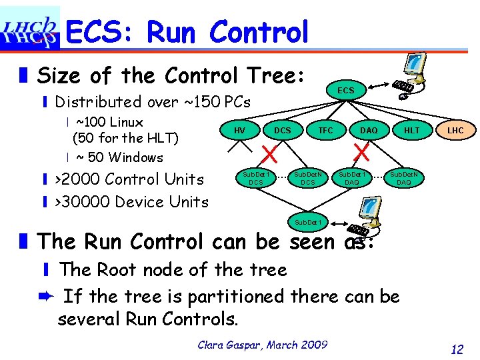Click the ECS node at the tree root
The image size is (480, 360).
345,91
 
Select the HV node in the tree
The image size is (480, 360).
239,130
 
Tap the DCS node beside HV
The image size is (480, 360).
283,130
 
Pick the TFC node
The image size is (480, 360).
325,130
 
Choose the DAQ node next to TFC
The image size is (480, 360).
369,130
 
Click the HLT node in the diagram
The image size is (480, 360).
412,130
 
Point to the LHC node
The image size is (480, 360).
455,130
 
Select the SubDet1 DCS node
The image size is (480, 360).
256,177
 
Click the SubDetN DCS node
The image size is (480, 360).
308,177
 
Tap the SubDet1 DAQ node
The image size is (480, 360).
351,177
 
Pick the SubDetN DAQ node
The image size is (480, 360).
404,177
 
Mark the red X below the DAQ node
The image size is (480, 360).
362,154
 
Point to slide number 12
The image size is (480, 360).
457,348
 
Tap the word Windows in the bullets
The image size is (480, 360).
135,157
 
